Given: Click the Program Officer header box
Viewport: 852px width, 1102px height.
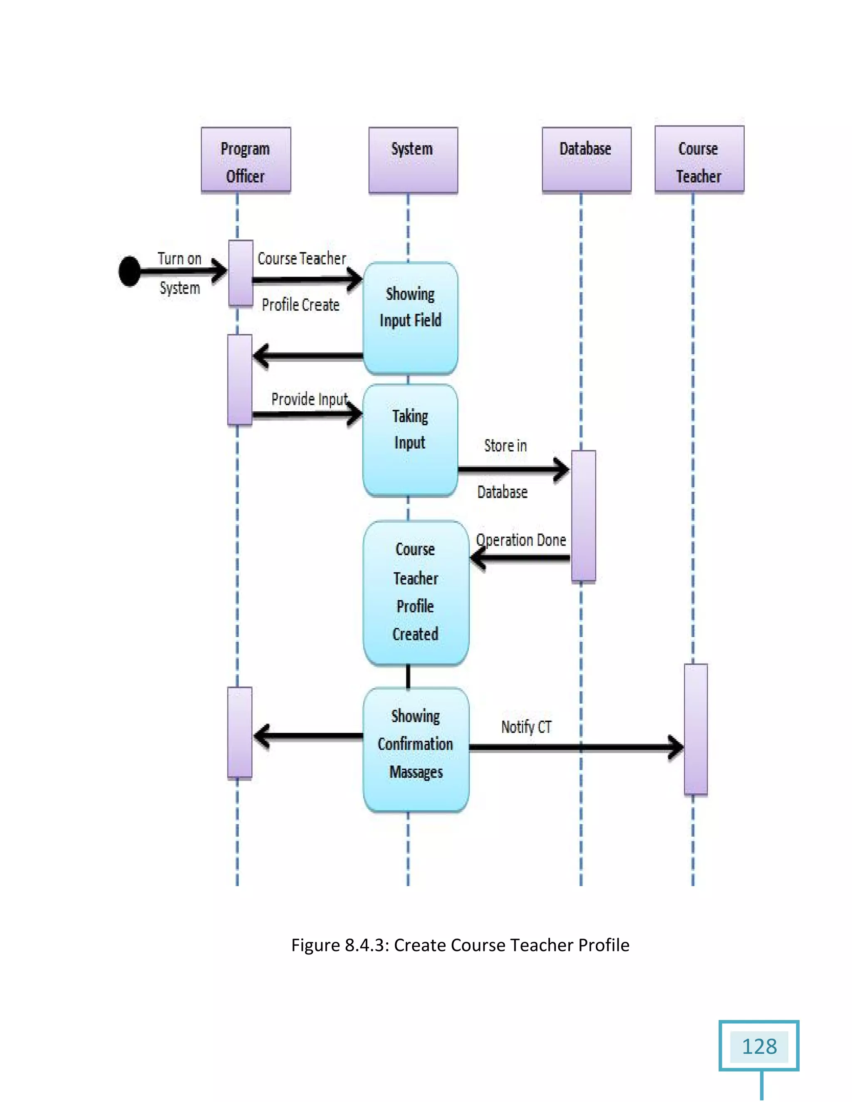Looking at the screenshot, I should point(246,160).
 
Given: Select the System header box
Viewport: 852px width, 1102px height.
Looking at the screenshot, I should point(413,160).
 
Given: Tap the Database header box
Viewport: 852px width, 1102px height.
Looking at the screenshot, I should point(587,160).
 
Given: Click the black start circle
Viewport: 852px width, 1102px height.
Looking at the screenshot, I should point(130,272).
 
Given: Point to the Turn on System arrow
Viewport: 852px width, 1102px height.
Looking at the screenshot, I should point(182,272).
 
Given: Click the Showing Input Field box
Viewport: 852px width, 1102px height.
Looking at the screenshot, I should point(410,318).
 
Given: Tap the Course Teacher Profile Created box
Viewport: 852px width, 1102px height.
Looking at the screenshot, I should point(416,593).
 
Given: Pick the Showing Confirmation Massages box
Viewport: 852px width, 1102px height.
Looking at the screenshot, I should point(416,749).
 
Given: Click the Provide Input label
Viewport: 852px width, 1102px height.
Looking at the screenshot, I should point(310,399).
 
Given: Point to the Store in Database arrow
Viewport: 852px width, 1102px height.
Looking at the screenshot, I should point(512,470).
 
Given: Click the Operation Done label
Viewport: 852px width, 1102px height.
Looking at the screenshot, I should point(521,540).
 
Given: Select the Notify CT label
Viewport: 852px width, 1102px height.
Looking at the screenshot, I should point(526,727).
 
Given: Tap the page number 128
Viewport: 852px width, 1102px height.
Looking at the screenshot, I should point(759,1047).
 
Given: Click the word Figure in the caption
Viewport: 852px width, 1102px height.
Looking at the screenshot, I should point(315,945).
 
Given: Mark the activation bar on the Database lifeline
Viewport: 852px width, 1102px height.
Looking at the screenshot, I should point(584,516).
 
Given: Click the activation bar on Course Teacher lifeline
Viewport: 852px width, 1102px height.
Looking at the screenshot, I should point(696,729).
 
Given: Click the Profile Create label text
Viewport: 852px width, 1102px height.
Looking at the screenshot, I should point(300,305).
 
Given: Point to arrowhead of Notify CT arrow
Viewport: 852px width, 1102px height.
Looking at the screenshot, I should point(678,747).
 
